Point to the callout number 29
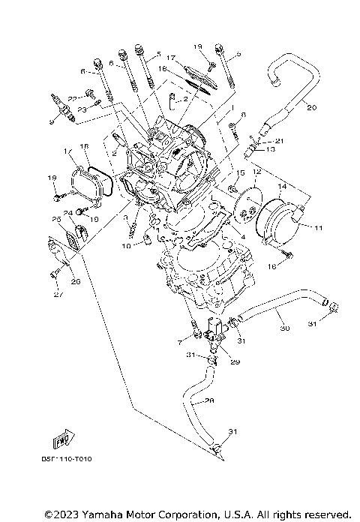[235, 362]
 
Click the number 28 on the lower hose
[209, 400]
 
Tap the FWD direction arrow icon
[64, 439]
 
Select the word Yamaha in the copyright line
[103, 514]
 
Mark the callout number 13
[271, 149]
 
